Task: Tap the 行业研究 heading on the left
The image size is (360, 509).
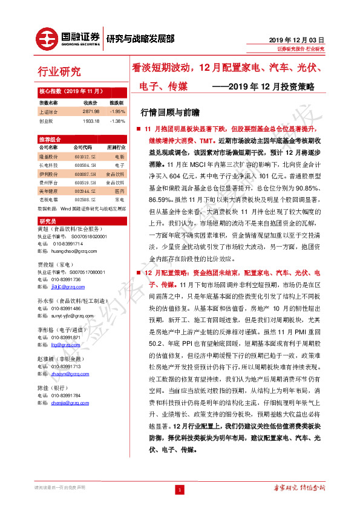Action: pyautogui.click(x=59, y=72)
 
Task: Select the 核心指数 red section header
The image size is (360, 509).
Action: pyautogui.click(x=64, y=90)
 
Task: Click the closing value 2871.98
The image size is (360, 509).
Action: pyautogui.click(x=90, y=112)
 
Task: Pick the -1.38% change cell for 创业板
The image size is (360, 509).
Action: pyautogui.click(x=117, y=121)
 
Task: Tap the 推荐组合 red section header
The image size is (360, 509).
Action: pyautogui.click(x=49, y=139)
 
